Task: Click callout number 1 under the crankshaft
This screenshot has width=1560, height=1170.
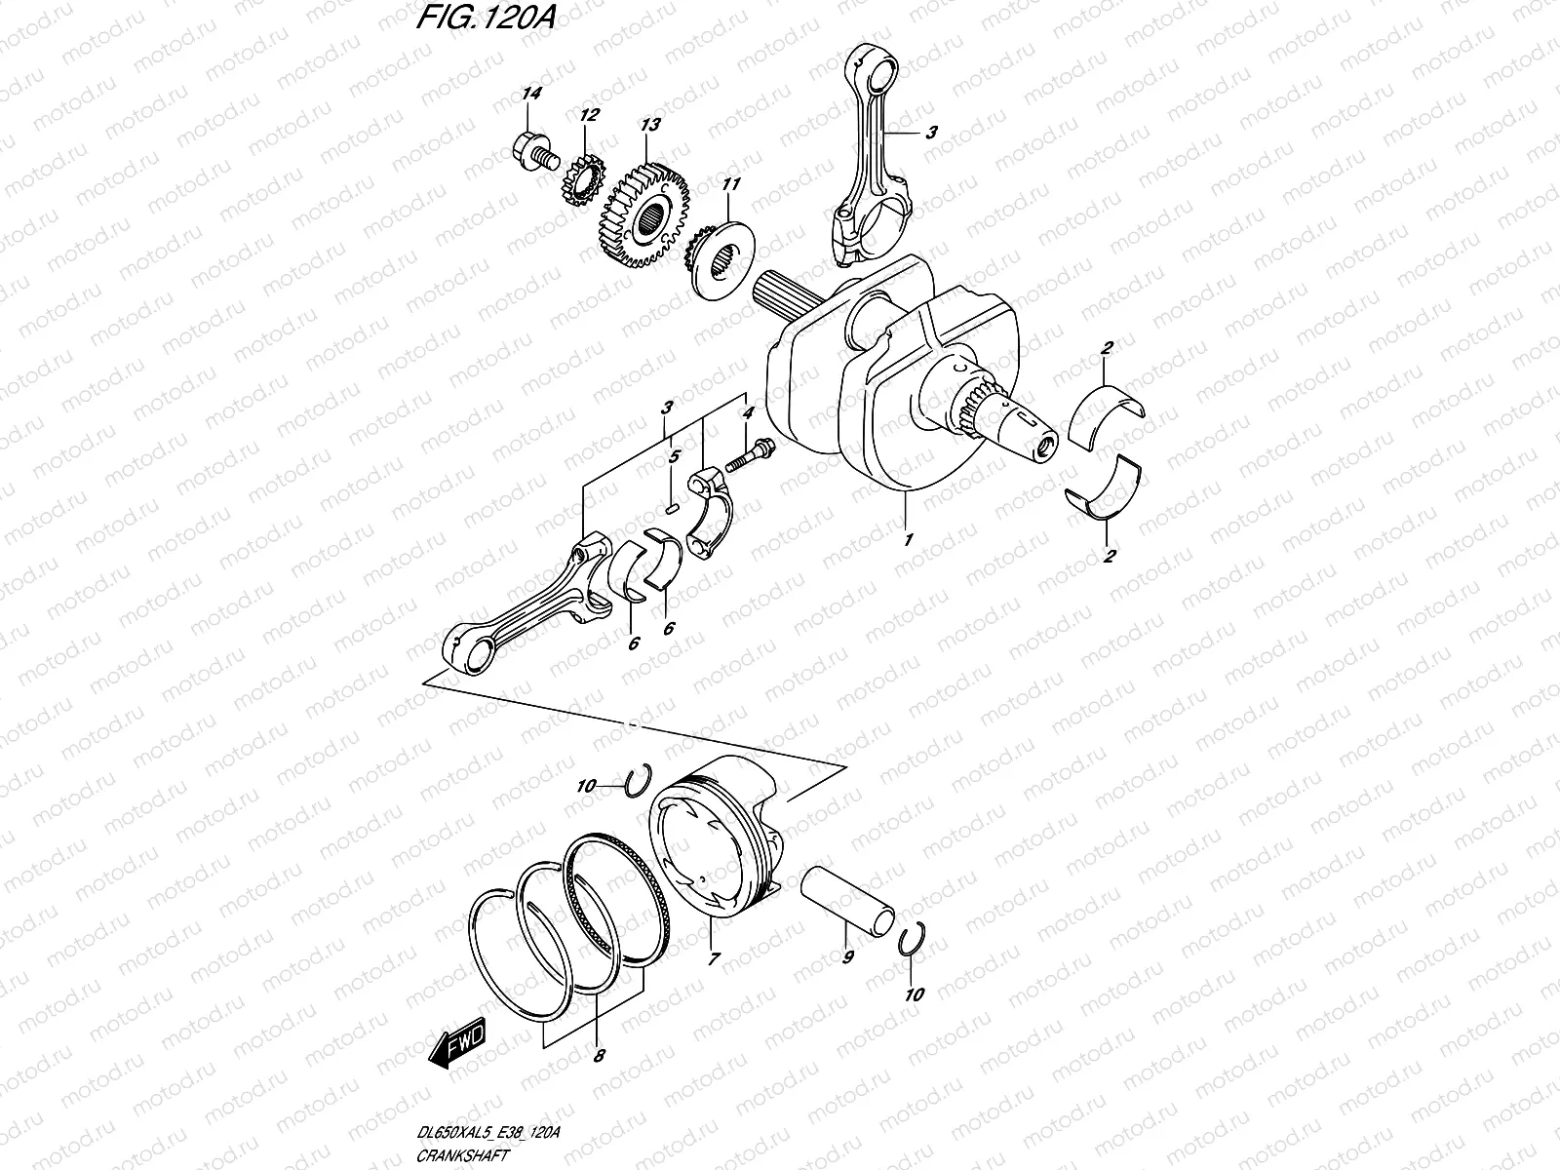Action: click(x=907, y=538)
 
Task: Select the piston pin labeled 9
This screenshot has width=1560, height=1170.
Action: click(x=848, y=896)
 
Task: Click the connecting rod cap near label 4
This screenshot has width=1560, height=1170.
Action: click(x=708, y=507)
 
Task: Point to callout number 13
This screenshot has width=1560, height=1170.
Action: click(x=648, y=126)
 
